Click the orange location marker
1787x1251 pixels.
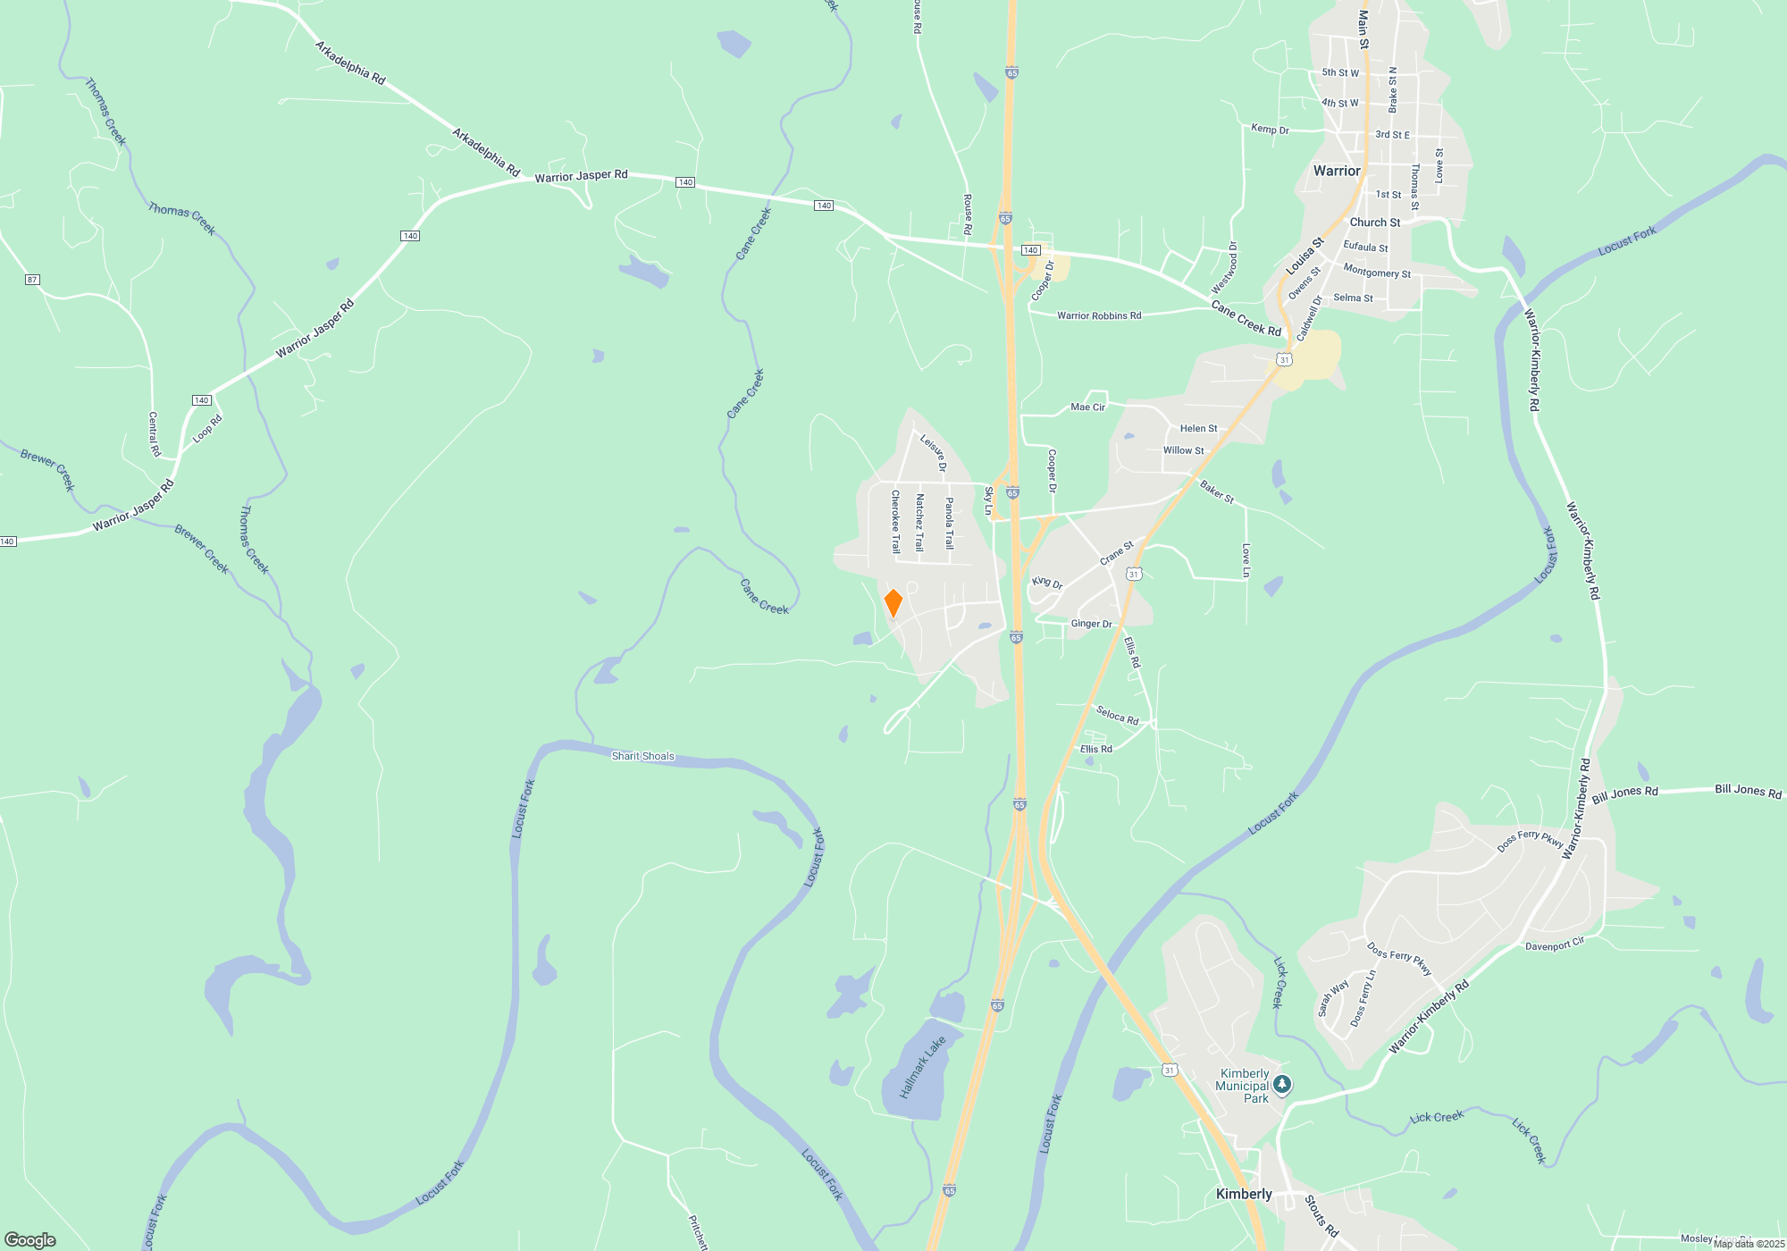tap(893, 602)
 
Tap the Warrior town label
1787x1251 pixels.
tap(1337, 171)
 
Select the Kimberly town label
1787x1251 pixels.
tap(1244, 1194)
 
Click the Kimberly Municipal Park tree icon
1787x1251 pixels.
tap(1282, 1085)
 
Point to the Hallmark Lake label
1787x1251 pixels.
tap(922, 1068)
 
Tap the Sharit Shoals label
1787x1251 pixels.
tap(642, 756)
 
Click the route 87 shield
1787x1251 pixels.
tap(32, 280)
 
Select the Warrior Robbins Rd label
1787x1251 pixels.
tap(1098, 315)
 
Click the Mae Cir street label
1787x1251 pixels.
tap(1087, 407)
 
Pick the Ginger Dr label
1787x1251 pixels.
tap(1091, 624)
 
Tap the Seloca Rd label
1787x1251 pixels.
tap(1117, 716)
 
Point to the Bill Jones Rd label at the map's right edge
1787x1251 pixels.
tap(1747, 791)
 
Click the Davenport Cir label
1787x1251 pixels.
tap(1554, 945)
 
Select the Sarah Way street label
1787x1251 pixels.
tap(1333, 999)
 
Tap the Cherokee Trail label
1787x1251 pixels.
tap(895, 522)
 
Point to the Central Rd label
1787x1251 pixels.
tap(154, 434)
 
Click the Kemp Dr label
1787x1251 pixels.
tap(1270, 130)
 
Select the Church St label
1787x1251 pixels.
tap(1374, 222)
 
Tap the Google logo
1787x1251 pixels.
tap(30, 1239)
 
